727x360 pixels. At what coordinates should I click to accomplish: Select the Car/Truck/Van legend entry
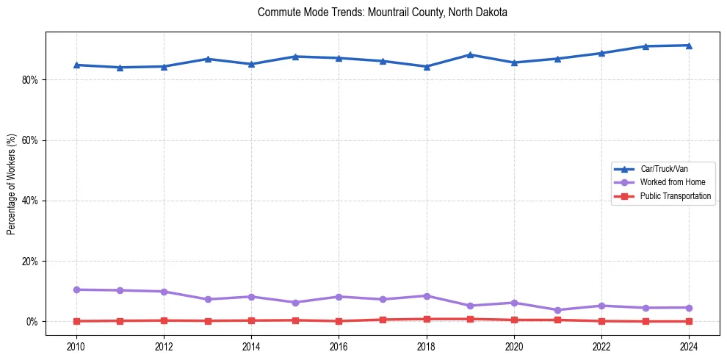coord(664,169)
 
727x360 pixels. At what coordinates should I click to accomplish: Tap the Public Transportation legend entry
coord(676,196)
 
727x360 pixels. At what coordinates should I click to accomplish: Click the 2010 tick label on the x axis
coord(76,346)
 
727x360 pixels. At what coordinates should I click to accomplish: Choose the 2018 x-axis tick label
coord(427,346)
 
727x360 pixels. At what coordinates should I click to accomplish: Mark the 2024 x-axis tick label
coord(689,346)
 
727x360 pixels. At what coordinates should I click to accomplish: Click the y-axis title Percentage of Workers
coord(12,184)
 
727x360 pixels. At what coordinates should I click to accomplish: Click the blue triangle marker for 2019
coord(470,54)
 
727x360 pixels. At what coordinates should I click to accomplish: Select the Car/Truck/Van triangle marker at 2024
coord(689,46)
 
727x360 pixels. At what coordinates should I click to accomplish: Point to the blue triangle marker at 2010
coord(76,65)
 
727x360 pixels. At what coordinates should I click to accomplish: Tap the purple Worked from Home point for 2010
coord(76,289)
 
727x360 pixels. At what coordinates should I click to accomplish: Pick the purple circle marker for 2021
coord(557,310)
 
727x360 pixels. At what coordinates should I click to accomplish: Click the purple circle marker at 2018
coord(427,295)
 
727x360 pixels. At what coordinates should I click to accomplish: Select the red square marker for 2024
coord(689,321)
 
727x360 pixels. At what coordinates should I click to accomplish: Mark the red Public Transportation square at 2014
coord(251,320)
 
